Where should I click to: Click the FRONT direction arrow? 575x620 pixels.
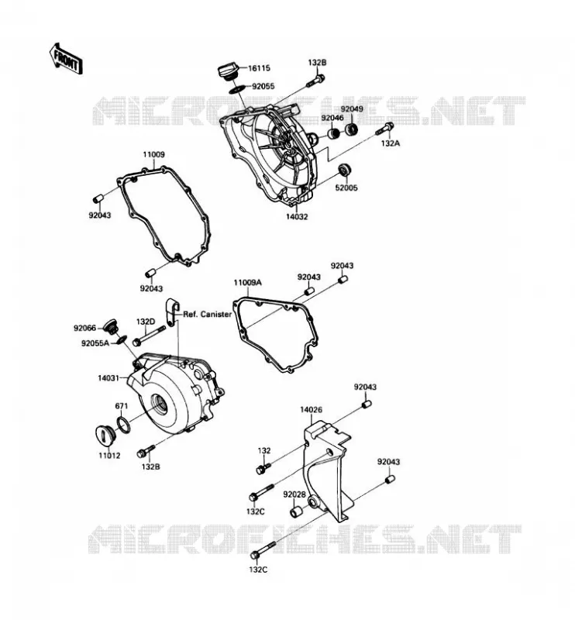pyautogui.click(x=66, y=60)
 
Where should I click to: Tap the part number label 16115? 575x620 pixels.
pyautogui.click(x=259, y=68)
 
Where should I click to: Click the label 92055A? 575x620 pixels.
pyautogui.click(x=95, y=343)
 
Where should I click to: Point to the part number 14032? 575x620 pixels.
pyautogui.click(x=297, y=217)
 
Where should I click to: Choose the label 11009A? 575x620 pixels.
pyautogui.click(x=247, y=282)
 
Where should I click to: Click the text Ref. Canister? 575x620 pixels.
pyautogui.click(x=207, y=315)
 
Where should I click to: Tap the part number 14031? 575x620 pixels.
pyautogui.click(x=108, y=378)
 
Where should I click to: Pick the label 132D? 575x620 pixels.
pyautogui.click(x=146, y=322)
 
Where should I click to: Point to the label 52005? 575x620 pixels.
pyautogui.click(x=346, y=188)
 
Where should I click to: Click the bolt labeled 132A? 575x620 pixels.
pyautogui.click(x=385, y=129)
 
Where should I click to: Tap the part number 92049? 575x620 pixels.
pyautogui.click(x=352, y=108)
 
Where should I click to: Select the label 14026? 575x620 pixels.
pyautogui.click(x=311, y=410)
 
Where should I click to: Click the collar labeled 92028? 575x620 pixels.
pyautogui.click(x=297, y=510)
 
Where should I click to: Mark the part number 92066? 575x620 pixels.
pyautogui.click(x=84, y=328)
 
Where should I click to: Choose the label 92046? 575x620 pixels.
pyautogui.click(x=332, y=118)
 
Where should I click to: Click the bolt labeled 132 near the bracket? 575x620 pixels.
pyautogui.click(x=263, y=468)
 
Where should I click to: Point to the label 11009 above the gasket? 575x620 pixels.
pyautogui.click(x=153, y=154)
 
